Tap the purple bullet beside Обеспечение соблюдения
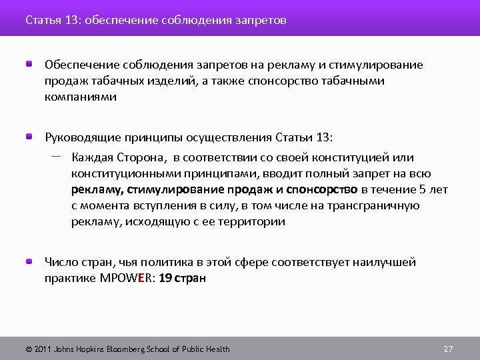point(30,65)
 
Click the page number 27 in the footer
point(448,349)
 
